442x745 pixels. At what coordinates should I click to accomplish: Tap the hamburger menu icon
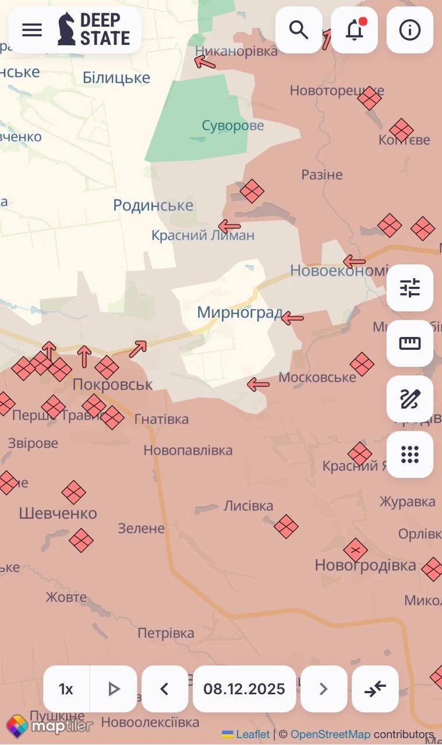(x=32, y=30)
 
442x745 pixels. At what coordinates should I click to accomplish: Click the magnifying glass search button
(x=299, y=30)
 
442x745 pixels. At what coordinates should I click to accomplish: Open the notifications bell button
(x=354, y=30)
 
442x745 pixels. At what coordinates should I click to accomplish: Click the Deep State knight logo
(x=67, y=29)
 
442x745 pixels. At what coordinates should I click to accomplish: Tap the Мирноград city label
(x=239, y=312)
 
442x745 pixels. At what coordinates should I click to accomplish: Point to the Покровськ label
(x=112, y=385)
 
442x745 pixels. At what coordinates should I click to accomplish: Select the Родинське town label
(x=153, y=205)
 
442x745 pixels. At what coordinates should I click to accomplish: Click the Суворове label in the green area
(x=232, y=126)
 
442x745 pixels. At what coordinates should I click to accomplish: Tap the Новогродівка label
(x=365, y=565)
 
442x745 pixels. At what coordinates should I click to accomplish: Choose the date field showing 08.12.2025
(x=244, y=689)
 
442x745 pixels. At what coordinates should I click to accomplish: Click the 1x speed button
(x=66, y=689)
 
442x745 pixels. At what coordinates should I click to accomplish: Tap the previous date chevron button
(x=165, y=689)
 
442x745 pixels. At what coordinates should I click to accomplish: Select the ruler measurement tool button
(x=410, y=343)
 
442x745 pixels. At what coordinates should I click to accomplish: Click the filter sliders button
(x=410, y=288)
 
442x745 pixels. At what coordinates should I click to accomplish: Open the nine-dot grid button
(x=410, y=455)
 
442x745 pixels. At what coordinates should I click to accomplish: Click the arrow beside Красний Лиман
(x=229, y=226)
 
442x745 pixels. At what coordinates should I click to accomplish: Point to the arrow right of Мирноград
(x=292, y=318)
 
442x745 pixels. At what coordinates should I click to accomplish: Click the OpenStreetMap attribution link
(x=330, y=735)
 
